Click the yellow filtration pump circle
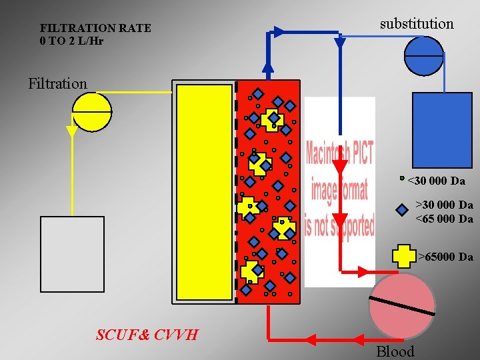pyautogui.click(x=91, y=111)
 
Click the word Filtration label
pyautogui.click(x=57, y=83)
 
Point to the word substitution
pyautogui.click(x=416, y=24)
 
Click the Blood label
pyautogui.click(x=395, y=351)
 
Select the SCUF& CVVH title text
pyautogui.click(x=147, y=334)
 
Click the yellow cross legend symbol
pyautogui.click(x=403, y=256)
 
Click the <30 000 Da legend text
pyautogui.click(x=436, y=181)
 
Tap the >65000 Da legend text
pyautogui.click(x=445, y=257)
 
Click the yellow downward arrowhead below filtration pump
pyautogui.click(x=72, y=131)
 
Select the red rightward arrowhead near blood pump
pyautogui.click(x=364, y=271)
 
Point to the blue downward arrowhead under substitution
pyautogui.click(x=339, y=43)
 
